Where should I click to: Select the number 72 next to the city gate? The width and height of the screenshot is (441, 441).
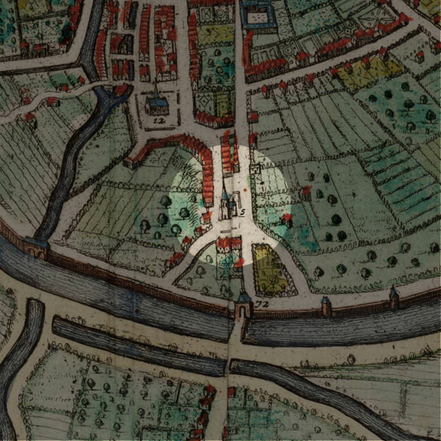point(260,303)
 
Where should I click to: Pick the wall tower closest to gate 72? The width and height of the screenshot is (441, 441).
point(326,304)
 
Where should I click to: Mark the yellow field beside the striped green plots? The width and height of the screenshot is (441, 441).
point(369,72)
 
